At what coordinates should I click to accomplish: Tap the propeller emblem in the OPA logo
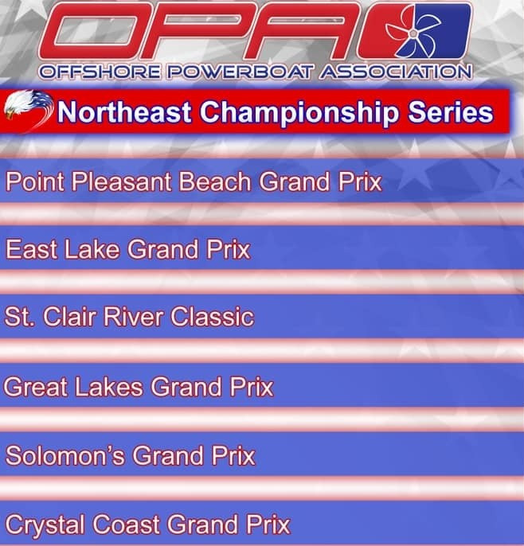tap(414, 33)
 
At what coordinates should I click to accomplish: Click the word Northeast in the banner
tap(124, 112)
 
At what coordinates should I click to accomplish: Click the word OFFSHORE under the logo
tap(100, 72)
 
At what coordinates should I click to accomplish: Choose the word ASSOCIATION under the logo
tap(395, 72)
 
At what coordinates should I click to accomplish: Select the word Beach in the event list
tap(215, 181)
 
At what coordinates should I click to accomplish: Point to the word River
tap(134, 317)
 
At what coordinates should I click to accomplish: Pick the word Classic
tap(212, 317)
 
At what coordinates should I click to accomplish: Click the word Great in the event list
tap(36, 387)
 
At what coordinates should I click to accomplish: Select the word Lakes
tap(109, 387)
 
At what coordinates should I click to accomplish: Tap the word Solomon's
tap(65, 455)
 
